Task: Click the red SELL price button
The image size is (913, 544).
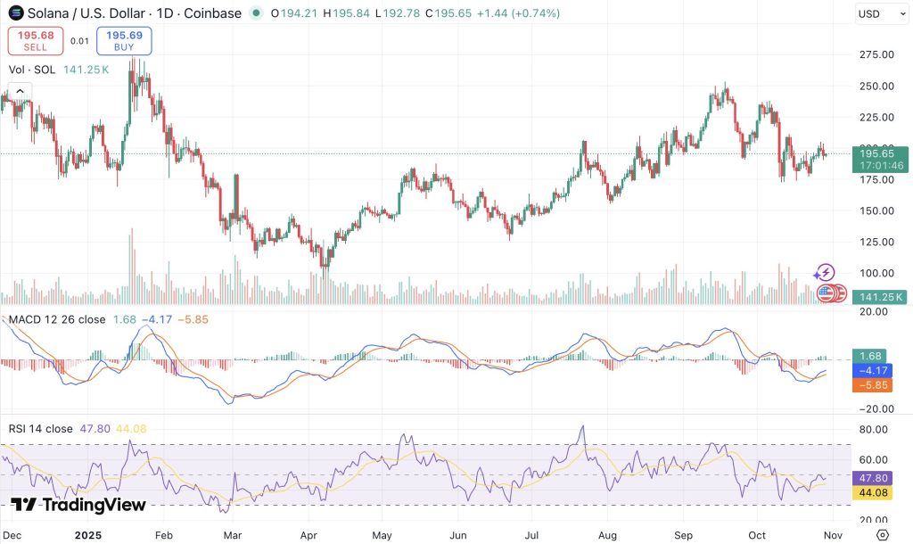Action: click(36, 41)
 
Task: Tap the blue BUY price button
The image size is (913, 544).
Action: click(125, 41)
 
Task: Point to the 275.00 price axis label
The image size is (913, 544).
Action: click(876, 54)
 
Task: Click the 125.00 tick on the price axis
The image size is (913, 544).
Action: click(876, 242)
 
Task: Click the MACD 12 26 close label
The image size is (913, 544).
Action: click(56, 319)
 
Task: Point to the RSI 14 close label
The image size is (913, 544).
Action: click(41, 429)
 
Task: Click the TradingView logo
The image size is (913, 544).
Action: click(78, 505)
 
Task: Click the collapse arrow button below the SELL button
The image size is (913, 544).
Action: click(20, 90)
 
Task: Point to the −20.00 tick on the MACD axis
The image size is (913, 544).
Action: click(876, 408)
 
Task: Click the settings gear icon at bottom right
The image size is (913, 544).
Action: click(882, 534)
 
